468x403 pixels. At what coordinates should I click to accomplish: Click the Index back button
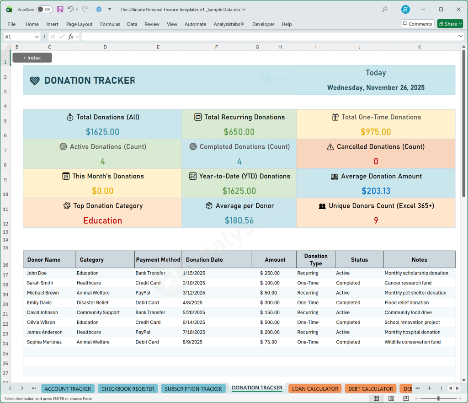pos(32,58)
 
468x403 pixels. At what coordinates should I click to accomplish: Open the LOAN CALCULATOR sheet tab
pos(315,389)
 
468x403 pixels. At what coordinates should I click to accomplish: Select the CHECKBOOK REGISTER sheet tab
pos(128,389)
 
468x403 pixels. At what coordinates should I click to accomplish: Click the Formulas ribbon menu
pos(110,24)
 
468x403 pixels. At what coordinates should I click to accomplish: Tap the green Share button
pos(450,24)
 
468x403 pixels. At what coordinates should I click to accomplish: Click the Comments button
pos(417,24)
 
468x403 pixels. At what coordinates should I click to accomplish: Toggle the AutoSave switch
pos(44,9)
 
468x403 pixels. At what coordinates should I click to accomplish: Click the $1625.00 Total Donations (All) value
pos(102,132)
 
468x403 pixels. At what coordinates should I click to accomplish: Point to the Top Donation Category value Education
pos(102,220)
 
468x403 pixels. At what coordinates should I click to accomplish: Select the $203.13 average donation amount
pos(376,191)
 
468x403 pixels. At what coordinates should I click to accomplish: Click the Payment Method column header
pos(158,260)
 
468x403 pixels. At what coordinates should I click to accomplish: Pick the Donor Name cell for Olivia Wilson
pos(41,322)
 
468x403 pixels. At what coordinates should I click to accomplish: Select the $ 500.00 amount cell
pos(270,322)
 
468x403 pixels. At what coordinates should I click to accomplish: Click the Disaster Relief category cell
pos(93,303)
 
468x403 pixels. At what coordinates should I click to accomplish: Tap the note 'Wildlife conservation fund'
pos(412,342)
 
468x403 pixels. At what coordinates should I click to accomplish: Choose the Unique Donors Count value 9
pos(376,220)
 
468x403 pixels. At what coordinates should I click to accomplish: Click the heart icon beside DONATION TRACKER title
pos(35,81)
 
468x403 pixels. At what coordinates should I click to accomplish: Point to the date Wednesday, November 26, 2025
pos(376,88)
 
